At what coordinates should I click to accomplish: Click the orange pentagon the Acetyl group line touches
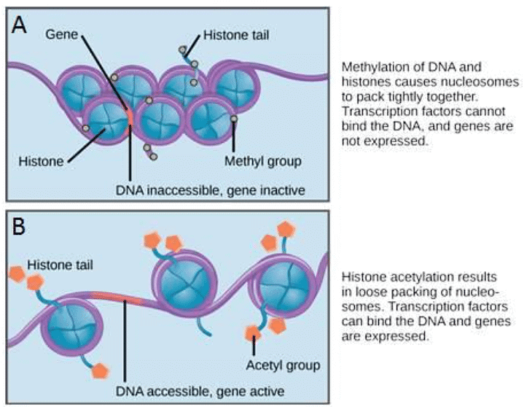click(x=253, y=335)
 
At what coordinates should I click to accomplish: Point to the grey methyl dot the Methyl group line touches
click(x=233, y=119)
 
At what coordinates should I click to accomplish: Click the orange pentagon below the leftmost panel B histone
click(x=99, y=370)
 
